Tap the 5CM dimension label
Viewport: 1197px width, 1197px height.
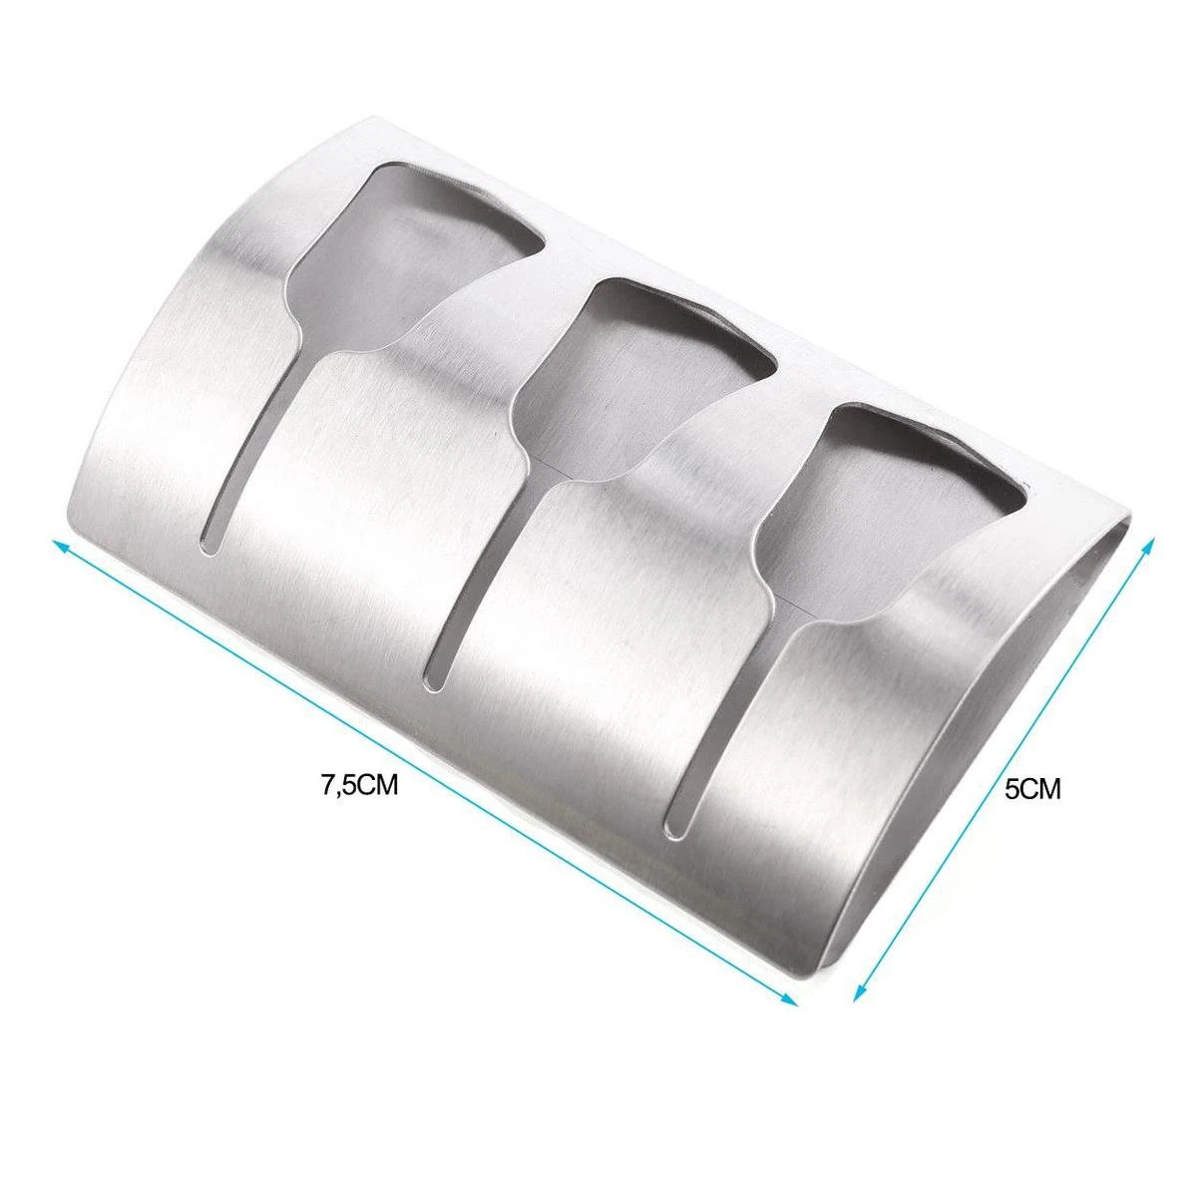[x=1032, y=791]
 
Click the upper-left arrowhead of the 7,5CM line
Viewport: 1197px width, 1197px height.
[x=57, y=542]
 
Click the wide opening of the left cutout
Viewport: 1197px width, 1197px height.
[x=419, y=244]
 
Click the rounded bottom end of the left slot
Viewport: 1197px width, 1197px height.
[x=210, y=539]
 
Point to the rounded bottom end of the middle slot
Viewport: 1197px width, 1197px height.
[x=433, y=677]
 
